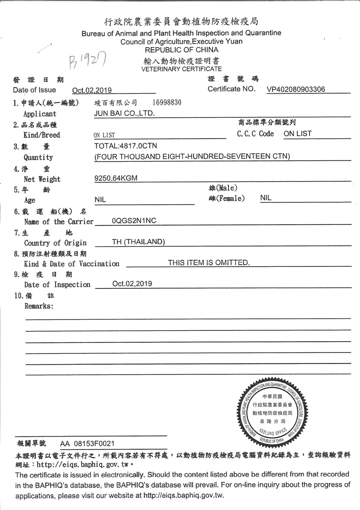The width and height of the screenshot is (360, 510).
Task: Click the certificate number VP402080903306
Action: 296,89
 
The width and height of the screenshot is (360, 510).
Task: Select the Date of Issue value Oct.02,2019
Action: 92,90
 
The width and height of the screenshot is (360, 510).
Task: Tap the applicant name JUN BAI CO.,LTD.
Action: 124,113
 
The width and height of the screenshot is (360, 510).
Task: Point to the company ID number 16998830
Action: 167,102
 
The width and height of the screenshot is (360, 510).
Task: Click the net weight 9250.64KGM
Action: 116,178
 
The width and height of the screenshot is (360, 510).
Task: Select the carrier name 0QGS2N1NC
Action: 134,221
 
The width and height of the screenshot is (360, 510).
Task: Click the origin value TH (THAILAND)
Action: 138,242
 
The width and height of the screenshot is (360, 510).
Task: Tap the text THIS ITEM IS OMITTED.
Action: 209,263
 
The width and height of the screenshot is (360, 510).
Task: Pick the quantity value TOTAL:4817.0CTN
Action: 126,146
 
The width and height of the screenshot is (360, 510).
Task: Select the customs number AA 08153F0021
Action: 87,444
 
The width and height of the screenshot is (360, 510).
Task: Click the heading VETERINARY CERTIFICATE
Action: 181,69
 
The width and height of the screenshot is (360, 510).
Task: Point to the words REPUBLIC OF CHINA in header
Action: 181,50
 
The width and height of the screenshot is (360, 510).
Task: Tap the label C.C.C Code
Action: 255,134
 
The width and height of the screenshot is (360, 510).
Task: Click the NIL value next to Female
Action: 266,198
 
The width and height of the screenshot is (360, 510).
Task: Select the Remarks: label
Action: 39,306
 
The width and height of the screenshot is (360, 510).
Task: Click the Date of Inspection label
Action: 57,284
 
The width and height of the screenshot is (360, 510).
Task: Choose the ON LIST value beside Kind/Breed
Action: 104,135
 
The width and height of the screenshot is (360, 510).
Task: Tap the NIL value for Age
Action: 100,199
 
